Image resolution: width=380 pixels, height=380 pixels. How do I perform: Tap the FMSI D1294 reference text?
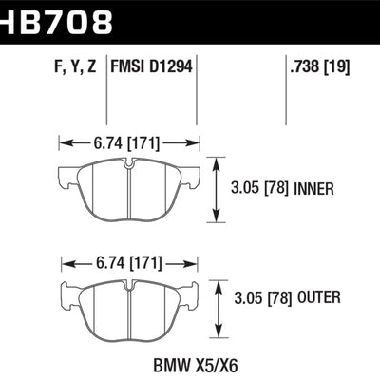coord(153,66)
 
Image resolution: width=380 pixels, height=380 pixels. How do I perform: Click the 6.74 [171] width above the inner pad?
coord(129,143)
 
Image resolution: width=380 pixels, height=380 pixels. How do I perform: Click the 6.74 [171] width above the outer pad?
coord(129,262)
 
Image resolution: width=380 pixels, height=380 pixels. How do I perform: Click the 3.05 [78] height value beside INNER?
coord(259,188)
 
